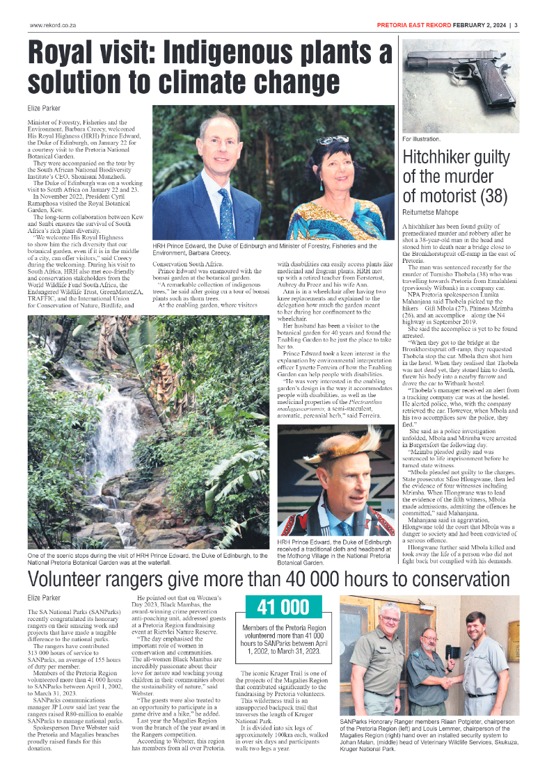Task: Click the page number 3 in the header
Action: tap(516, 26)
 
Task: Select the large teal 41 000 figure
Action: tap(283, 607)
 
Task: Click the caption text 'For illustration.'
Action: tap(422, 140)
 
